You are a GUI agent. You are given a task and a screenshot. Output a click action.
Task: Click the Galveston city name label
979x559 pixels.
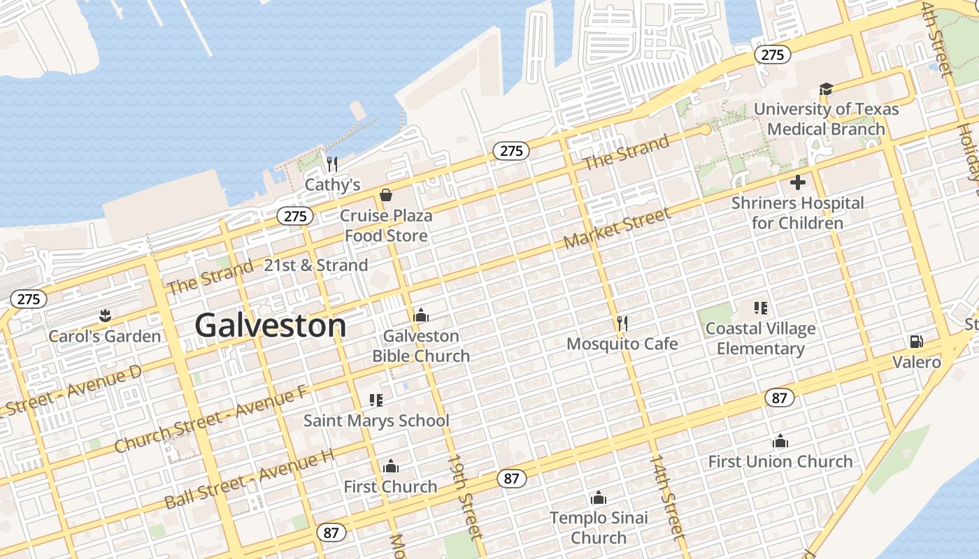tap(270, 326)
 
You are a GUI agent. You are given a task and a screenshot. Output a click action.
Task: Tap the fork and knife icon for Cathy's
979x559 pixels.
tap(332, 164)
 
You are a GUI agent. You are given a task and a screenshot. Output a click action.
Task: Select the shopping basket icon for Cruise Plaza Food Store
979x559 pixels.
tap(385, 195)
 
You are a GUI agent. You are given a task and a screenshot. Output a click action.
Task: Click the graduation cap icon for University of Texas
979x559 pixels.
tap(826, 89)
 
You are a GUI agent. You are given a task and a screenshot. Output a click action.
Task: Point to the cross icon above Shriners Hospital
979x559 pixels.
tap(797, 182)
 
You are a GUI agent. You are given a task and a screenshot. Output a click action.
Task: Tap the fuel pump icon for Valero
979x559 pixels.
tap(915, 342)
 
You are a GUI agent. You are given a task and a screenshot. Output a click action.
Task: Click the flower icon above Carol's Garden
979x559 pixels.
tap(105, 315)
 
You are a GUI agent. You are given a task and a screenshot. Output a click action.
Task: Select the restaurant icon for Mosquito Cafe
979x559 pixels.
tap(622, 323)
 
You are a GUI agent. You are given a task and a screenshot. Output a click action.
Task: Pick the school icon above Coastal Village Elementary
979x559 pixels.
tap(760, 307)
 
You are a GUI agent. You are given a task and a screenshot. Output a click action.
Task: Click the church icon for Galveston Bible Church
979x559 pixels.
tap(420, 315)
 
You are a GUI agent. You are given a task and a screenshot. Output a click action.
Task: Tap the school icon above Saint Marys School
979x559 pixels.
tap(376, 400)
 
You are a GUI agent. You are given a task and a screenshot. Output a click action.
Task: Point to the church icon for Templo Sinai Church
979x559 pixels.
tap(598, 498)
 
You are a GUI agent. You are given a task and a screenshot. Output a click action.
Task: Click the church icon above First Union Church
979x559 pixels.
tap(780, 441)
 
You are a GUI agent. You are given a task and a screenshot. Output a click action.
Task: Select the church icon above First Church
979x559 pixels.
tap(390, 466)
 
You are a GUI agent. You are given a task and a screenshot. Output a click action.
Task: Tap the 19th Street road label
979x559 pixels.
tap(466, 497)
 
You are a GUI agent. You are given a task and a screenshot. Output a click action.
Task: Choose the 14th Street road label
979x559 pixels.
tap(666, 497)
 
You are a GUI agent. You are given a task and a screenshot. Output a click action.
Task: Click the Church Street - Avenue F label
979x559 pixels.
tap(210, 419)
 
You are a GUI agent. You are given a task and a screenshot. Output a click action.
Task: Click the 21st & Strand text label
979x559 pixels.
tap(315, 266)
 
